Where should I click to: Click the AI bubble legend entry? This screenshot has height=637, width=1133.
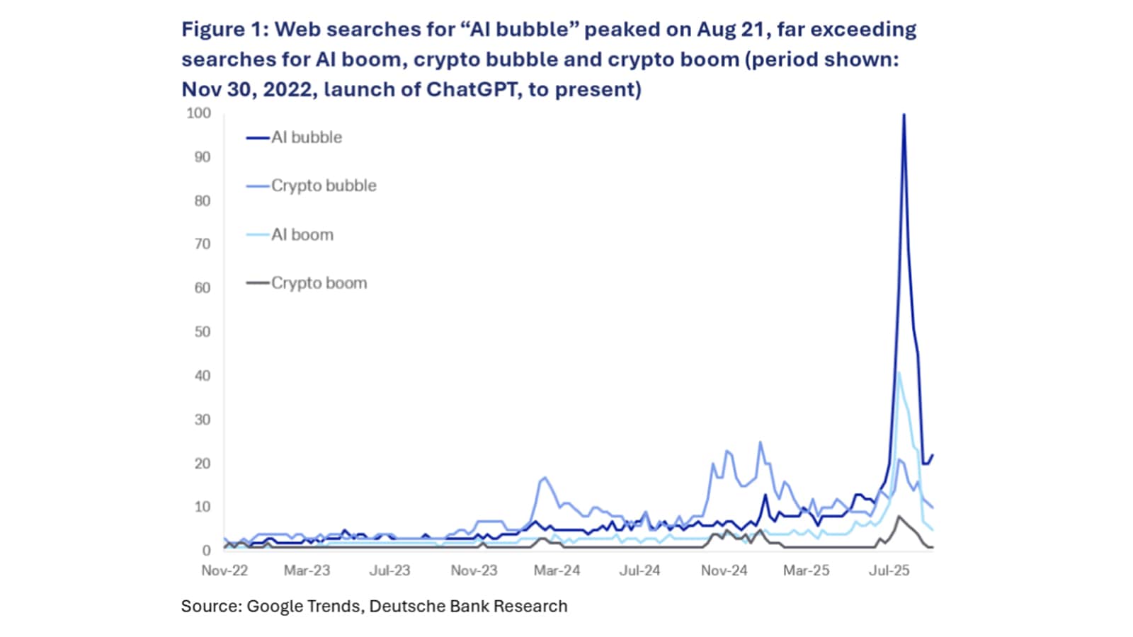(x=306, y=137)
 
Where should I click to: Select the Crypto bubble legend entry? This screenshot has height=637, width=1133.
(x=323, y=185)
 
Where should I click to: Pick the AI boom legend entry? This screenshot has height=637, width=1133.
(x=302, y=235)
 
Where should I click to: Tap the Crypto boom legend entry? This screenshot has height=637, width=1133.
(x=319, y=283)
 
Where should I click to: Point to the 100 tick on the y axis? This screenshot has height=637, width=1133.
(x=198, y=113)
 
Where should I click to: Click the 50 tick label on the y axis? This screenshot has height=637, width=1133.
(x=202, y=332)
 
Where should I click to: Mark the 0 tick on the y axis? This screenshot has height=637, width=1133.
(x=206, y=551)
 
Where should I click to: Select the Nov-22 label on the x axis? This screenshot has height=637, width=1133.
(x=224, y=570)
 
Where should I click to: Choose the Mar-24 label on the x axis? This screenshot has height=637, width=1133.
(x=557, y=570)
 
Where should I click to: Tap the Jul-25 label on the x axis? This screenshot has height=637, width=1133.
(x=889, y=570)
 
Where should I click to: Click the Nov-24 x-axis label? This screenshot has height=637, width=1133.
(x=724, y=570)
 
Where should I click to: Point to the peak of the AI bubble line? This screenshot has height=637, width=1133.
(x=904, y=115)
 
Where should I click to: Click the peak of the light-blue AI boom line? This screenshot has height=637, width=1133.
(x=899, y=373)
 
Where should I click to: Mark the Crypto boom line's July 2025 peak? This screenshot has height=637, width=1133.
(x=899, y=517)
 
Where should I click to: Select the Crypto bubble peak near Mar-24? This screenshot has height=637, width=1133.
(x=545, y=478)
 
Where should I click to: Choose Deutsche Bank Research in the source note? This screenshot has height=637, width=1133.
(x=468, y=607)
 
